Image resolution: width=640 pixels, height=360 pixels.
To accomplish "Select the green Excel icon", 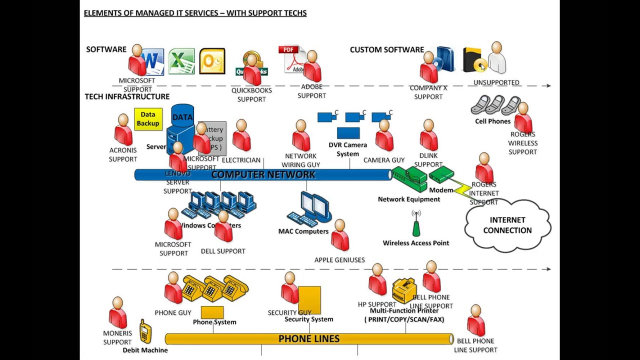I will pos(181,61).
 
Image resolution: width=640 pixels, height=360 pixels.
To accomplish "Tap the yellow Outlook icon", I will pos(212,61).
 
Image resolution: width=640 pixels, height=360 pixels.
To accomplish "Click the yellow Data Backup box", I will pos(148,119).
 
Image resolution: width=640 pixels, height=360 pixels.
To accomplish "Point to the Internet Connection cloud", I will pos(507,225).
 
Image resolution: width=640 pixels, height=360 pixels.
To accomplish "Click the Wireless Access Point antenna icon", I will pos(416,223).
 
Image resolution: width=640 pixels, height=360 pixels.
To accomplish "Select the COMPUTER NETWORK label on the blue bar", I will pos(263,174).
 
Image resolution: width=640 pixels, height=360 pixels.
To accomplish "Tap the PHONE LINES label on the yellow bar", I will pos(308,339).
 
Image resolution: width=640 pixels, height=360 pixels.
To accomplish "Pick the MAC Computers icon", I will pos(310,209).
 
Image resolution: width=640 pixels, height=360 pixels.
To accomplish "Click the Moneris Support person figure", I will pos(117,313).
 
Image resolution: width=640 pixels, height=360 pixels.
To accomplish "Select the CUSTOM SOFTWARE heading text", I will pos(386,49).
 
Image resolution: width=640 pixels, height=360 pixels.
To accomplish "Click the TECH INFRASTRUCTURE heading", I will pos(127,96).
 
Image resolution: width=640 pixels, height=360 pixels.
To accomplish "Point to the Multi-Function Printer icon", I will pos(404,290).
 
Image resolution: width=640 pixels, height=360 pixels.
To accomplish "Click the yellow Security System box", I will pos(309,299).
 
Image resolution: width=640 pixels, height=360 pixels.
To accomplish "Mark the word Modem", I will pos(441,190).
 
